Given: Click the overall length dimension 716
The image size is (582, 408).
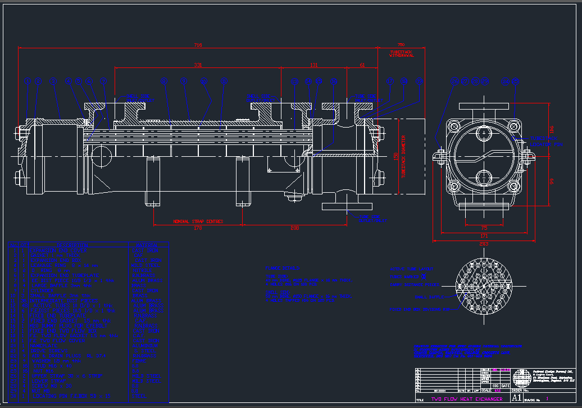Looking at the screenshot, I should coord(198,44).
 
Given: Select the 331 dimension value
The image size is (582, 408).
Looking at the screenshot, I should coord(198,65).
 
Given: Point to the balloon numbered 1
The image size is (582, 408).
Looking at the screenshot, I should coord(28,81).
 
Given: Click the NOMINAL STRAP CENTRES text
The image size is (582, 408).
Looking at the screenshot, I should coord(197,221).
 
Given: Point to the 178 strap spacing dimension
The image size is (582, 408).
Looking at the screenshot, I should coord(197,228).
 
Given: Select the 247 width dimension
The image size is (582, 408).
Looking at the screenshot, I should coord(484,244).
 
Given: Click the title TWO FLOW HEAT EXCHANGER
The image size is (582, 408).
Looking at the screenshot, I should coord(467,399).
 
